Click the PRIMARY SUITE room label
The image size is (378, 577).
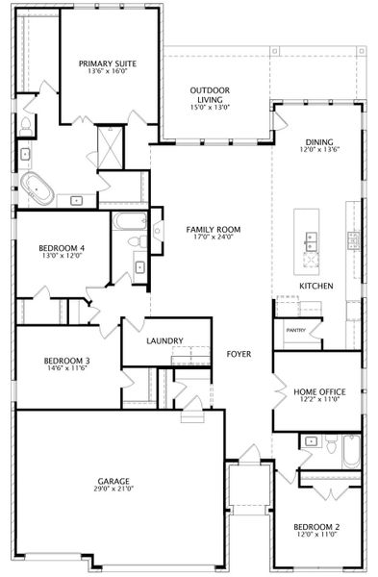coord(108,63)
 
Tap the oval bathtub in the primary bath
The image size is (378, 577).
coord(37,188)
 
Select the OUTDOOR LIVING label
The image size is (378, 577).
coord(210,95)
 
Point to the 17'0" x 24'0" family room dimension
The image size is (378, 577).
coord(214,237)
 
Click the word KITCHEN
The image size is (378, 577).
coord(316,286)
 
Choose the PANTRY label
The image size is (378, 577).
coord(296,330)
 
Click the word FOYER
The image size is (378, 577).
coord(239,354)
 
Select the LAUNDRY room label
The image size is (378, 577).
coord(164,340)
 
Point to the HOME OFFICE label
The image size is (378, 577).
coord(319,392)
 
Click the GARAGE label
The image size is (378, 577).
coord(113,481)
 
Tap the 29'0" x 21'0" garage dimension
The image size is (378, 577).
coord(113,489)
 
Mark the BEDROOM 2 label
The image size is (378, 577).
coord(316,527)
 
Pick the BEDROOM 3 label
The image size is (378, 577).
coord(66,361)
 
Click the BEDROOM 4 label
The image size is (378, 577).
coord(62,248)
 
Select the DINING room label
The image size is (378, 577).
coord(319,142)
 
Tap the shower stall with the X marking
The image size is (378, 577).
coord(111,147)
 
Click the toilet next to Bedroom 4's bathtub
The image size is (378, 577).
coord(138,241)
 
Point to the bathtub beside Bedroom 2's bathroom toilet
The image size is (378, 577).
coord(351,451)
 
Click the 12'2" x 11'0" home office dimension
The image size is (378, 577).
coord(319,399)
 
